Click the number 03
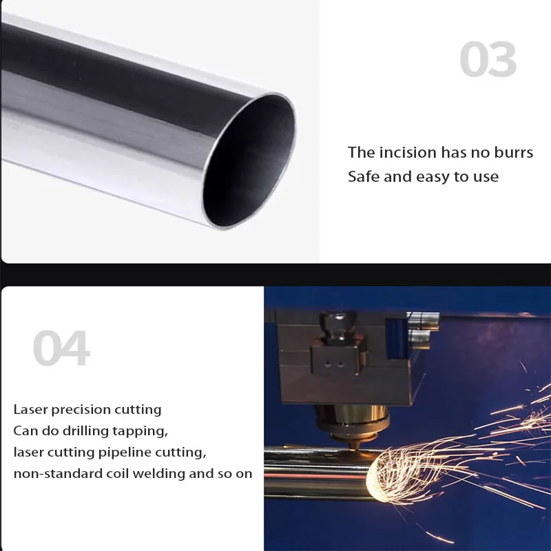click(488, 60)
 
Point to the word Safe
click(364, 176)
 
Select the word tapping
click(143, 432)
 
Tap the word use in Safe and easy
click(485, 177)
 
